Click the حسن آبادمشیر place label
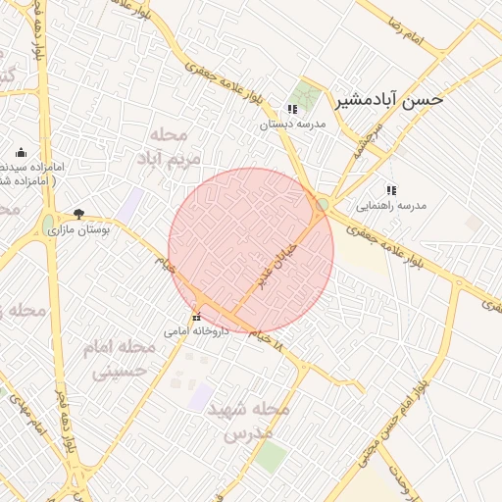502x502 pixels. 390,99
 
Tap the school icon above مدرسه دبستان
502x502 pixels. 291,109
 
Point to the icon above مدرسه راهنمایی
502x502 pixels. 391,190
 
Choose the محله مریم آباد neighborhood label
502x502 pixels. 176,145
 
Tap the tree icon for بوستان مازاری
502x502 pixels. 78,213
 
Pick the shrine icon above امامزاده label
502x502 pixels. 22,153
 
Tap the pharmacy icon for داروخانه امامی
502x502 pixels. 197,316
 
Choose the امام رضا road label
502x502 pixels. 432,40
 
